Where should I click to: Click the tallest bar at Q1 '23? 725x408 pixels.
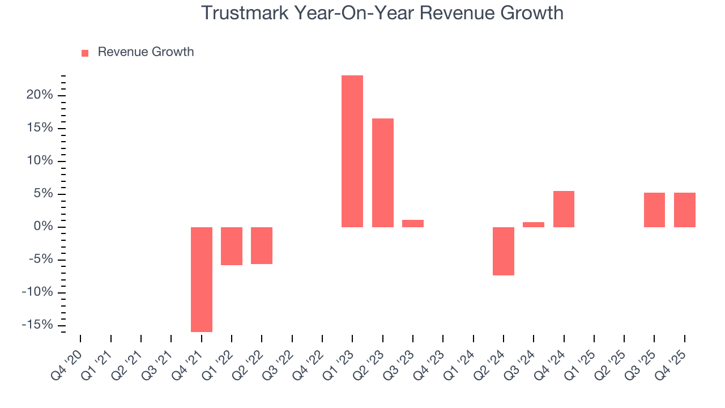point(352,151)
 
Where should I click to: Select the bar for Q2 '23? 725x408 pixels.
point(382,173)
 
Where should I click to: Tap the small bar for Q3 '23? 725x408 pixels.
point(413,223)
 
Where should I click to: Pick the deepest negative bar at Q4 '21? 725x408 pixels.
point(202,279)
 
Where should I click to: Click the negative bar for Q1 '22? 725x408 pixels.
point(232,246)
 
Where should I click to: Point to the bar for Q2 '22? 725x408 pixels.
point(262,245)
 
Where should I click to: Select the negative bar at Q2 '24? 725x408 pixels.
point(504,251)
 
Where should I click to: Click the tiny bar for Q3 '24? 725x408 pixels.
point(534,224)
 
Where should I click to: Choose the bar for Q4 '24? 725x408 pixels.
point(564,209)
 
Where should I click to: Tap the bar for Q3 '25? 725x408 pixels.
point(654,210)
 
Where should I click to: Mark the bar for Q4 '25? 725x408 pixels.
point(684,210)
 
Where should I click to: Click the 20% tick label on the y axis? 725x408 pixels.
point(40,95)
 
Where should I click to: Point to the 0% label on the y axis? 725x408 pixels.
point(43,227)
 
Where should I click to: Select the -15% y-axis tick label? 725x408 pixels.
point(37,325)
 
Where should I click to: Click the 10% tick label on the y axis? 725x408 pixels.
point(40,161)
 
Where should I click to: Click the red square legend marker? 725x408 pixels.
point(85,53)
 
